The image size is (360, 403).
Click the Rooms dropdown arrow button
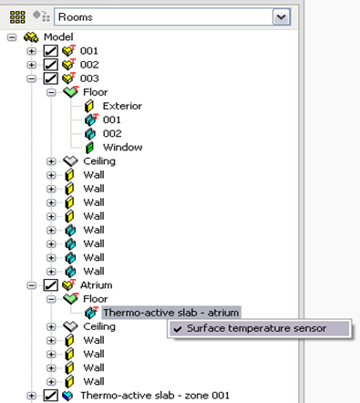[x=282, y=17]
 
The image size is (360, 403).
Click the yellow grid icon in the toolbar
[x=17, y=17]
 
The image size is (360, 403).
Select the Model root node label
[x=58, y=37]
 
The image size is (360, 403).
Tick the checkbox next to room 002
[x=50, y=65]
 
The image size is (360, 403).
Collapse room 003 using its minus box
[x=31, y=78]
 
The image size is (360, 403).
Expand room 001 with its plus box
[x=31, y=51]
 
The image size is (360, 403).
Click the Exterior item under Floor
[x=122, y=106]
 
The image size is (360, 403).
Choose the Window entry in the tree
[x=122, y=148]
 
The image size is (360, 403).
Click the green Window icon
[x=89, y=148]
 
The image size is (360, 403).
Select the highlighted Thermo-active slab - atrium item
[x=171, y=313]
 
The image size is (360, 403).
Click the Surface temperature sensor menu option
[x=256, y=328]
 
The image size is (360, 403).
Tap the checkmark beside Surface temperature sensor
[x=178, y=329]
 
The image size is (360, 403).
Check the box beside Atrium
[x=50, y=285]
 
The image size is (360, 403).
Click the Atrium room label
[x=97, y=285]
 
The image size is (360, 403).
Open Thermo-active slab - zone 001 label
[x=155, y=396]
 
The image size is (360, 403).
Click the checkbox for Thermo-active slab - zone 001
[x=50, y=396]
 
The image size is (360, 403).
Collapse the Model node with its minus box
[x=12, y=37]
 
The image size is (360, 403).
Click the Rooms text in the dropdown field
[x=76, y=17]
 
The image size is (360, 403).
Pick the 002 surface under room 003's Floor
[x=112, y=134]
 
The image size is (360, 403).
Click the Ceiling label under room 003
[x=99, y=161]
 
